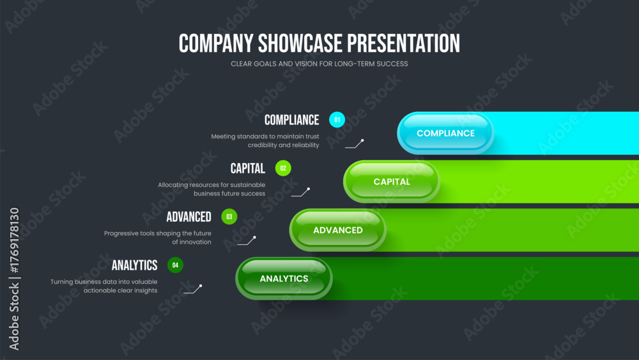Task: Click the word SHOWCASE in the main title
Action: (x=300, y=43)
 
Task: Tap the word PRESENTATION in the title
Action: (x=403, y=43)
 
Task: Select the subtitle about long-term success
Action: (x=319, y=64)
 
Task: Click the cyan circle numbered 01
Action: (x=337, y=120)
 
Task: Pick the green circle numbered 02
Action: (x=283, y=168)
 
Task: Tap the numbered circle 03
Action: (x=229, y=217)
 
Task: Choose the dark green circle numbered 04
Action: (x=175, y=265)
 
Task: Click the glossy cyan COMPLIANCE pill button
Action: (x=445, y=133)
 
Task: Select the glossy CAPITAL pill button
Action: (x=392, y=182)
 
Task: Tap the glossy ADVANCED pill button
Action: (x=338, y=230)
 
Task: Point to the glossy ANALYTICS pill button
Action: (x=284, y=278)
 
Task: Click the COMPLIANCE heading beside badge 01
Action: (x=292, y=120)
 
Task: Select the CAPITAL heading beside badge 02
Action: (x=248, y=168)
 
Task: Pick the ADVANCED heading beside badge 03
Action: (x=189, y=217)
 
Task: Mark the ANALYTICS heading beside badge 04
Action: (x=134, y=265)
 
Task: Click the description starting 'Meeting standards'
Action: (x=265, y=141)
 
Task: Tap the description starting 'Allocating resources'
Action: (x=212, y=189)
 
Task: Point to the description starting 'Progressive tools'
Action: (x=158, y=238)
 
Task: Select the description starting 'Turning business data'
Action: (x=104, y=286)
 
